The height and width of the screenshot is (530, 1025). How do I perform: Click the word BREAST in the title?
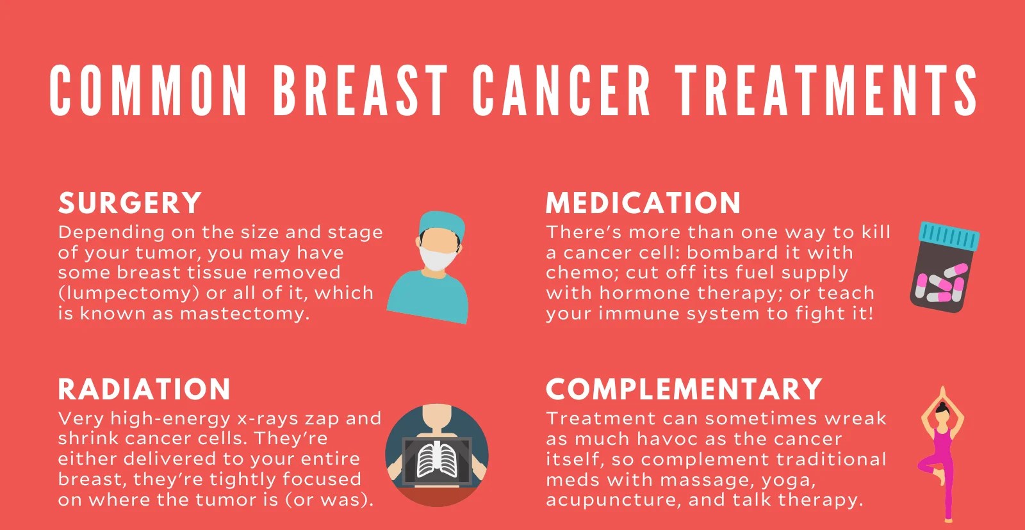tap(360, 90)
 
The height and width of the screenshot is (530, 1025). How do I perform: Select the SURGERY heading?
tap(130, 202)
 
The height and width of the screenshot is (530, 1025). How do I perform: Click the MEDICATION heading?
tap(643, 202)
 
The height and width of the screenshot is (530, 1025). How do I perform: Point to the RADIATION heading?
tap(144, 389)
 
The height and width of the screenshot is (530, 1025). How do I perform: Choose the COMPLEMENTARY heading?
tap(684, 389)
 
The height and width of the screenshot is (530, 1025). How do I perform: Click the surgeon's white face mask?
tap(438, 259)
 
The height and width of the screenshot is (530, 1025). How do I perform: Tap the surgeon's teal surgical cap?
tap(441, 224)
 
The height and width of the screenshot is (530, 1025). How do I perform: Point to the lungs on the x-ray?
tap(438, 462)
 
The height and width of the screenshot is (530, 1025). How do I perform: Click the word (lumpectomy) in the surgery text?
tap(129, 293)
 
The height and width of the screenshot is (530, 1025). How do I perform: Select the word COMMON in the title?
tap(149, 90)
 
